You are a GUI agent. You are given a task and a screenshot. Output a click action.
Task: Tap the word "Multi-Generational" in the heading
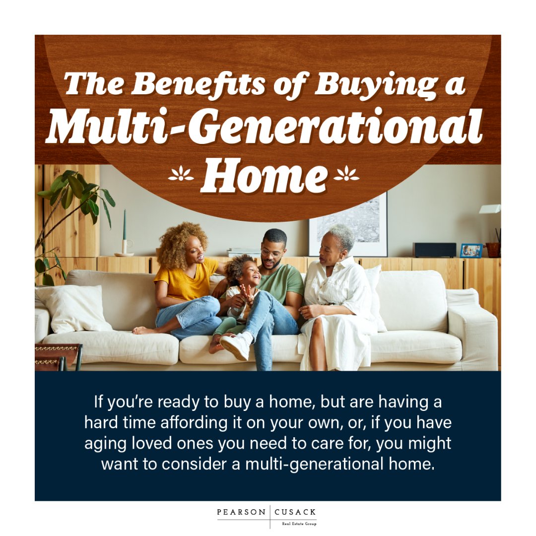coord(264,127)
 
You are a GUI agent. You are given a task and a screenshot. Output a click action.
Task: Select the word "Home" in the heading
coord(264,176)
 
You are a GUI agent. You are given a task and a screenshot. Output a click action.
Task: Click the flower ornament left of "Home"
coord(181,174)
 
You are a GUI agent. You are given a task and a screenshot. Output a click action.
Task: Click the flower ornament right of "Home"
coord(346,174)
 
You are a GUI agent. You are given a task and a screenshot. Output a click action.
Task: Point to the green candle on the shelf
coord(124,226)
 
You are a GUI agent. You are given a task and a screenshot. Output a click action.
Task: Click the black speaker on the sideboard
coord(434,250)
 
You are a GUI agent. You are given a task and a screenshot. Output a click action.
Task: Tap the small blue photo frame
coord(470,251)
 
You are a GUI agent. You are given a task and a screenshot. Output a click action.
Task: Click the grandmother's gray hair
coord(342,236)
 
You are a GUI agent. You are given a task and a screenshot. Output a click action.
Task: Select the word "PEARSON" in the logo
coord(242,512)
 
